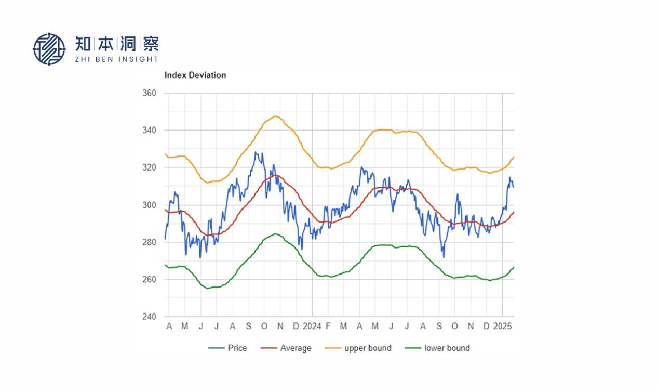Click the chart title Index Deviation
point(195,75)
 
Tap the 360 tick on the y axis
point(149,93)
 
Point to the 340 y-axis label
point(149,131)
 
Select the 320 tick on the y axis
point(149,168)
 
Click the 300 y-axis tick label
point(149,205)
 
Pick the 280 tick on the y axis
point(149,242)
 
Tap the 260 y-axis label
point(149,280)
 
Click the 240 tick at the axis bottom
point(149,317)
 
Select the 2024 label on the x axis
point(312,327)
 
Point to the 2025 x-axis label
point(502,327)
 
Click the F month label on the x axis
point(328,327)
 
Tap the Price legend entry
point(228,348)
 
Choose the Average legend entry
point(286,348)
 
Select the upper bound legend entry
point(358,348)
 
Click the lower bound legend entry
point(437,348)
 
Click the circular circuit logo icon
point(49,49)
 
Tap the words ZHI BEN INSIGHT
point(116,59)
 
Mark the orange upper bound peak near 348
point(275,116)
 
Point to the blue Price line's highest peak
point(255,152)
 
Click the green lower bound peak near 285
point(275,233)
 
